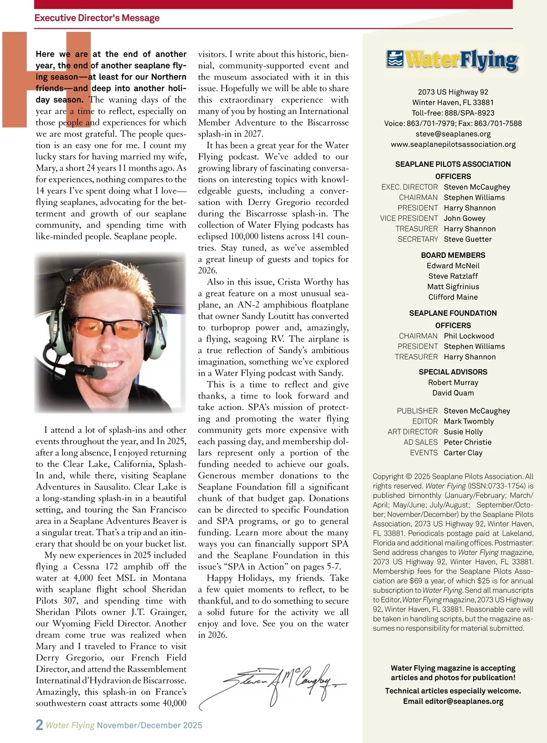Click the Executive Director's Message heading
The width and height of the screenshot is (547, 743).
[x=97, y=18]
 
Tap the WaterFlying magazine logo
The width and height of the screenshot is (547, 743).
[x=452, y=61]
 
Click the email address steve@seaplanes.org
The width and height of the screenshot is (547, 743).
[x=453, y=134]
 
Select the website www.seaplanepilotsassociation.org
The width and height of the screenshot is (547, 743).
[x=453, y=144]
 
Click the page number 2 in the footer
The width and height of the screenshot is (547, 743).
[x=40, y=725]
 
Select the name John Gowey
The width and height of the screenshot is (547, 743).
[x=464, y=219]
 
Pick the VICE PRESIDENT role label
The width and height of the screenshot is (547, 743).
[x=409, y=219]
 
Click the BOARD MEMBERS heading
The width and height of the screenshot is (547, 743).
[x=453, y=255]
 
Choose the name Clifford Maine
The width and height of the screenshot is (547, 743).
[x=453, y=297]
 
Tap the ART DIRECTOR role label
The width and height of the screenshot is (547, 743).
[x=413, y=432]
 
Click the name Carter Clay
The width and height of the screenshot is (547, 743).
[x=463, y=453]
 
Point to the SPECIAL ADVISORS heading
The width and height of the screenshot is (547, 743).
[x=453, y=372]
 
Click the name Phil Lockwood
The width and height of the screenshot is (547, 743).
[x=469, y=336]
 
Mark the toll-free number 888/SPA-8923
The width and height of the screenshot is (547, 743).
[x=469, y=113]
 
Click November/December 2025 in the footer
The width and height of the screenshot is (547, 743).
[x=150, y=725]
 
